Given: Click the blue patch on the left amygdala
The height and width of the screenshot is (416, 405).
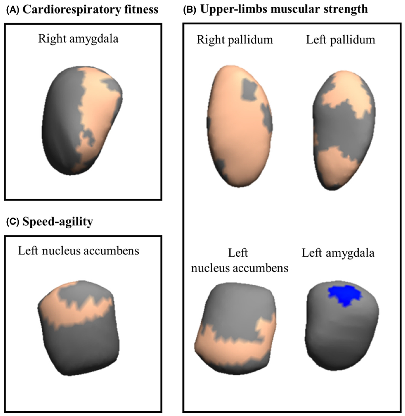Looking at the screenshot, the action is pos(344,294).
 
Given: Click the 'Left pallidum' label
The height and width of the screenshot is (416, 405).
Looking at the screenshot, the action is pos(340,40).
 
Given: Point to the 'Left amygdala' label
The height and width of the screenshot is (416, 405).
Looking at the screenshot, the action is pos(338,253).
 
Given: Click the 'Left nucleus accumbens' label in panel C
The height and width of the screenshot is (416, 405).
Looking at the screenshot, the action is pos(78,250).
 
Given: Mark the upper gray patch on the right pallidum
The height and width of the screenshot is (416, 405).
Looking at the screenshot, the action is pos(249,89).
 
